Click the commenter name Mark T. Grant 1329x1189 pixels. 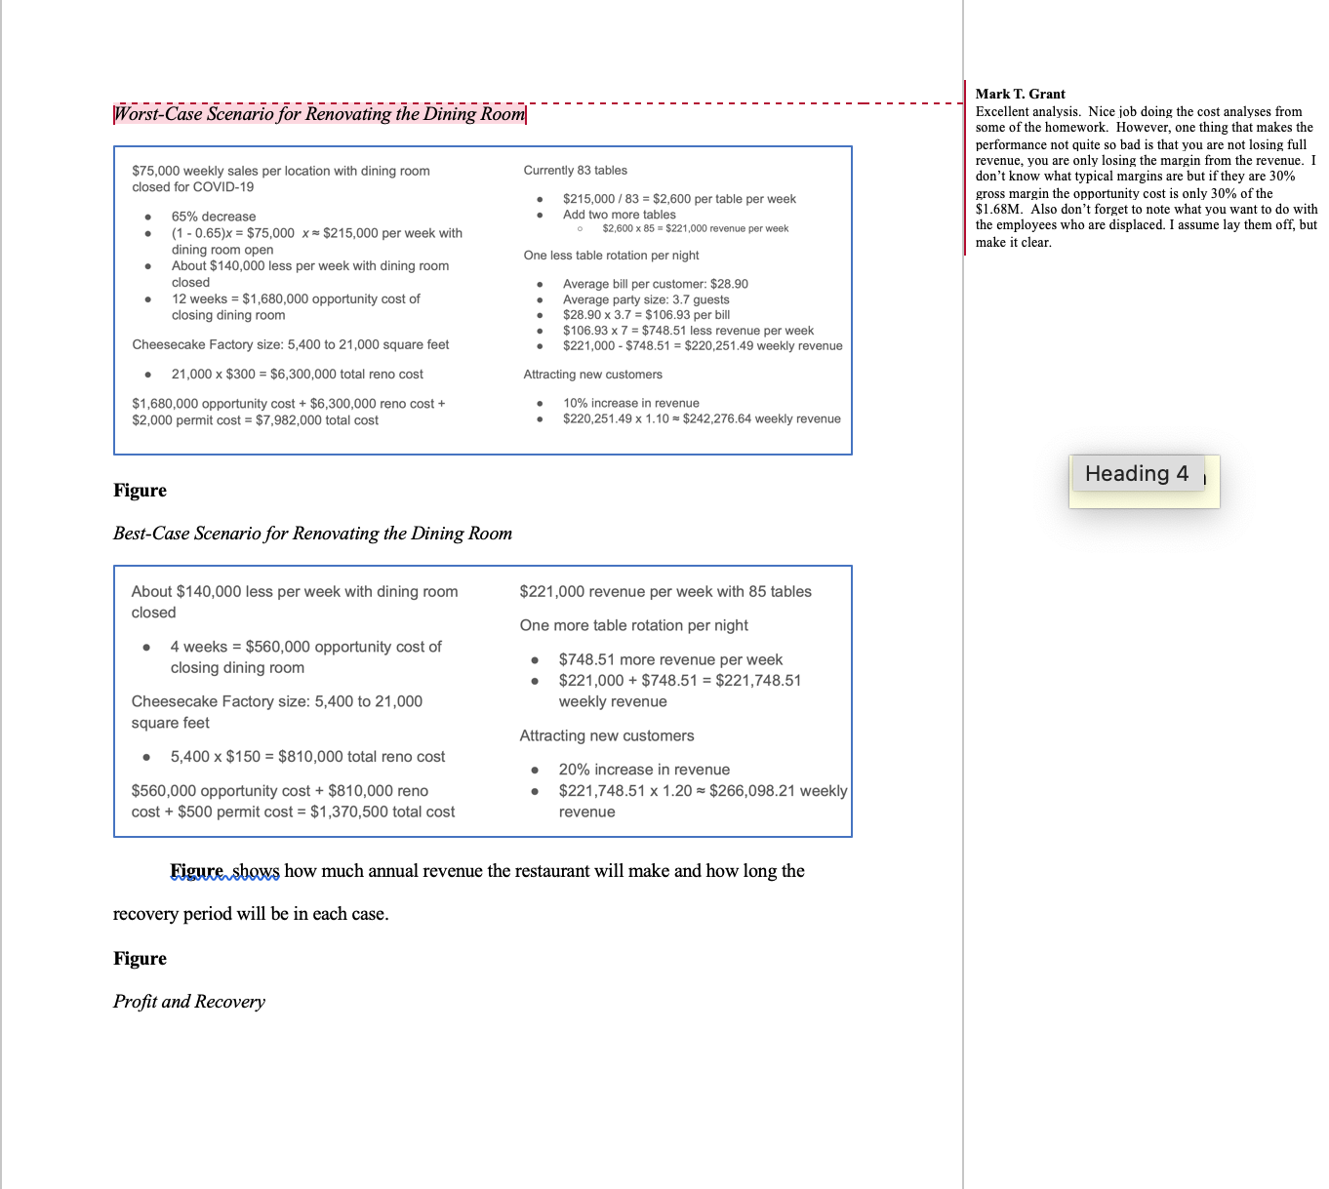point(1020,94)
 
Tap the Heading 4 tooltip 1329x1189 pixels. point(1136,474)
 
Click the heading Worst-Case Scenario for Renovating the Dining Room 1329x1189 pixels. point(319,114)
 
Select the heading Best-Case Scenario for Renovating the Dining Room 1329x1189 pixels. point(312,534)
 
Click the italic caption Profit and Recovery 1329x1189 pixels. point(189,1002)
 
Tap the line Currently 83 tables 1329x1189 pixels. point(575,171)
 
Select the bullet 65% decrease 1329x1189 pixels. point(214,217)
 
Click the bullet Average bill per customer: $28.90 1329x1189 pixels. point(655,284)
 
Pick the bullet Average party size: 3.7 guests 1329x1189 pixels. point(645,299)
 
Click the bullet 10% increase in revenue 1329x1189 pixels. point(630,403)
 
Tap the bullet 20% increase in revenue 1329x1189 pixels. point(644,770)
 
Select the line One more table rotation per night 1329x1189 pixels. point(633,625)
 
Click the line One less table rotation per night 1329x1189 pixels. point(611,256)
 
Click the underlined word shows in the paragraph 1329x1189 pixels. point(256,871)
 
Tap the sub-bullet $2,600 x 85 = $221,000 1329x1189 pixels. point(695,228)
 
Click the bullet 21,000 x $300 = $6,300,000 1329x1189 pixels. point(297,375)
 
